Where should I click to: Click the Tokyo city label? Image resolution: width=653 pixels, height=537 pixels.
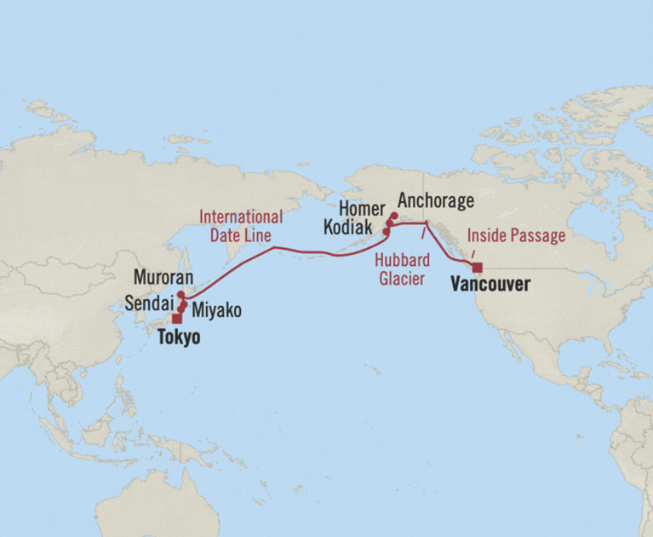[179, 338]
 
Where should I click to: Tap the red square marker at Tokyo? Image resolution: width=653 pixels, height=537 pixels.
[176, 319]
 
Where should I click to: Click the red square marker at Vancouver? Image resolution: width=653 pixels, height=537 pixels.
[477, 268]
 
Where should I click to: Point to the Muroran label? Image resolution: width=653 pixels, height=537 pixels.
[164, 278]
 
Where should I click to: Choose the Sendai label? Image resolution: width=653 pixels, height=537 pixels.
[150, 303]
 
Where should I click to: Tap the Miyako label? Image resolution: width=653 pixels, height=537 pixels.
[215, 311]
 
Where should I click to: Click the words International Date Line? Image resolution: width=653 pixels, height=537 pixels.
[241, 223]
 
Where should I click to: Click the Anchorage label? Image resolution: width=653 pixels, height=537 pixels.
[435, 201]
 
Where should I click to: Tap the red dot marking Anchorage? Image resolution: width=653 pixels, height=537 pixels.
[392, 217]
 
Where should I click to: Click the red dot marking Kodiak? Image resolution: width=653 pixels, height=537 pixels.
[386, 232]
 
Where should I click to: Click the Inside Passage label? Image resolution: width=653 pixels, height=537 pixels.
[516, 235]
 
